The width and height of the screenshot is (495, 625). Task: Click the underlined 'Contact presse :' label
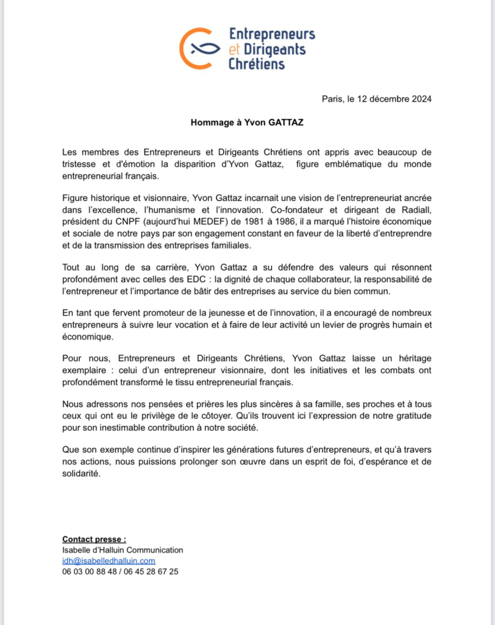[94, 539]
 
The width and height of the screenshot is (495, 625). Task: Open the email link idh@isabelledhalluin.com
[108, 560]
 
